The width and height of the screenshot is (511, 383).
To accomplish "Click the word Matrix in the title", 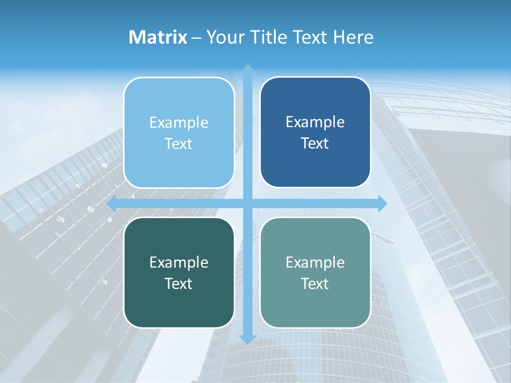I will click(158, 37).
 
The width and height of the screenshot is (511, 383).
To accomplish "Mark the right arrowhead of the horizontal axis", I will click(382, 203).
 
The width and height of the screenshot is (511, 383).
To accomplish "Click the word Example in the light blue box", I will click(179, 123).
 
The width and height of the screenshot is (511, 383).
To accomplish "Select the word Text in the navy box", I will click(315, 144).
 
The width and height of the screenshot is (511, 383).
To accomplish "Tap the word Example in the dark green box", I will click(179, 263).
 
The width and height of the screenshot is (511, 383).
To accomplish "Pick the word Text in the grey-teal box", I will click(315, 284).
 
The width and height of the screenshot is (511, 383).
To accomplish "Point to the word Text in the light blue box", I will click(179, 144).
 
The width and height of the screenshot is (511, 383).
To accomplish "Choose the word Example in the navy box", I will click(315, 122).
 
